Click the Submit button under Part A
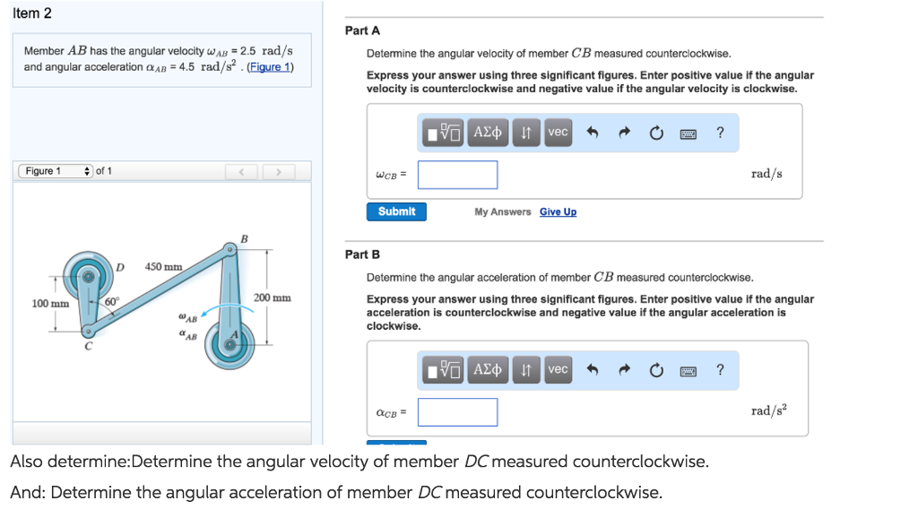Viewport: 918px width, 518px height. (x=396, y=212)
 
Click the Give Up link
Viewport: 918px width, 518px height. (x=558, y=212)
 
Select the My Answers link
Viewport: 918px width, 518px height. (x=503, y=212)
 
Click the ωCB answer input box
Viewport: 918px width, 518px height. (x=457, y=175)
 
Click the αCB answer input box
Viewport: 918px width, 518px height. (x=457, y=412)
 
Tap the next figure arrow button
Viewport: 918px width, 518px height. (x=279, y=171)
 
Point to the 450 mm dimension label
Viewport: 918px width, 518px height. (x=164, y=266)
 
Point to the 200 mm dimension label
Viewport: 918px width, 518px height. (x=273, y=298)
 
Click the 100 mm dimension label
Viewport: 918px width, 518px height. (x=50, y=304)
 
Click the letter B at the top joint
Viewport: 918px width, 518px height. (x=244, y=238)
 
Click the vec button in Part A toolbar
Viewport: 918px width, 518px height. (x=558, y=133)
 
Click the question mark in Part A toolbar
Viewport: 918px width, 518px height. (x=720, y=133)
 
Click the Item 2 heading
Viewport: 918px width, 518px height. (x=32, y=13)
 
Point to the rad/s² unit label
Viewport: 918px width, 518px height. (x=769, y=410)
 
